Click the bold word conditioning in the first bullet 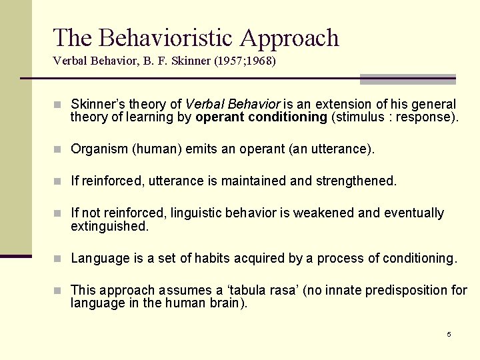pos(287,117)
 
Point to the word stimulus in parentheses pos(360,117)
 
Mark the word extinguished pos(109,226)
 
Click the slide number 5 pos(449,334)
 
